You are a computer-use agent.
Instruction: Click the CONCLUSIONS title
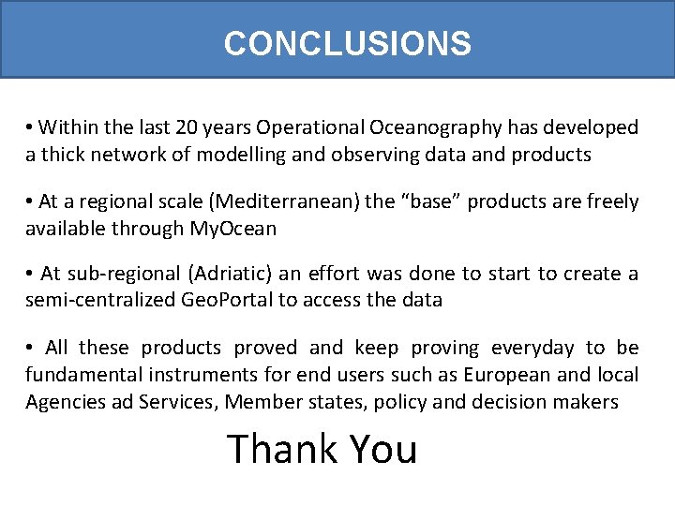347,43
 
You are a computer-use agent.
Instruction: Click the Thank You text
322,450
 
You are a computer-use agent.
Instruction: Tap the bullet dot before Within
30,127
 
